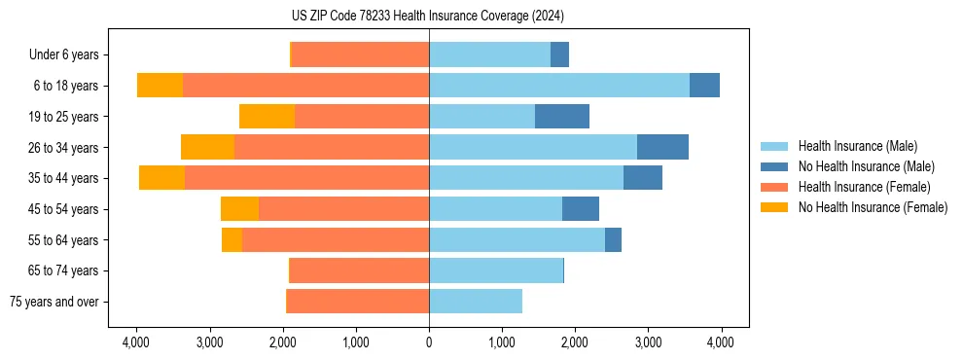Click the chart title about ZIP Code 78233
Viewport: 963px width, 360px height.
click(x=427, y=17)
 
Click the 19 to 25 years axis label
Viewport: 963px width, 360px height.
click(x=64, y=116)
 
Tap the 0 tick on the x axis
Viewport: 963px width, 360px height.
click(x=429, y=342)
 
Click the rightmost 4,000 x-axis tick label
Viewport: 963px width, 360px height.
click(x=721, y=342)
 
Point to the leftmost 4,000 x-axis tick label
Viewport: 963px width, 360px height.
click(x=136, y=342)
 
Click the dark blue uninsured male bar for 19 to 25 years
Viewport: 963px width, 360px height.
click(x=562, y=116)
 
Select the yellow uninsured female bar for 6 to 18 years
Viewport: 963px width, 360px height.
click(x=160, y=86)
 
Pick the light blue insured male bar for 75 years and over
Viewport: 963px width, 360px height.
click(x=476, y=302)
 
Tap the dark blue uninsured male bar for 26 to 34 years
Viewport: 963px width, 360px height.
click(x=662, y=147)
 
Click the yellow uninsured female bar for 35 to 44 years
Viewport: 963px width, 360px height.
click(x=161, y=178)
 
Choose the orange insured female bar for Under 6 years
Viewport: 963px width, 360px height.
click(x=360, y=54)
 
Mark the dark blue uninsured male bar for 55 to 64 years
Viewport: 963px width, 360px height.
click(x=613, y=239)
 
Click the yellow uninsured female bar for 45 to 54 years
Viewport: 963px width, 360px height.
click(x=239, y=209)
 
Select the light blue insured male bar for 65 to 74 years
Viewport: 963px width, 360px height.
click(x=496, y=270)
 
